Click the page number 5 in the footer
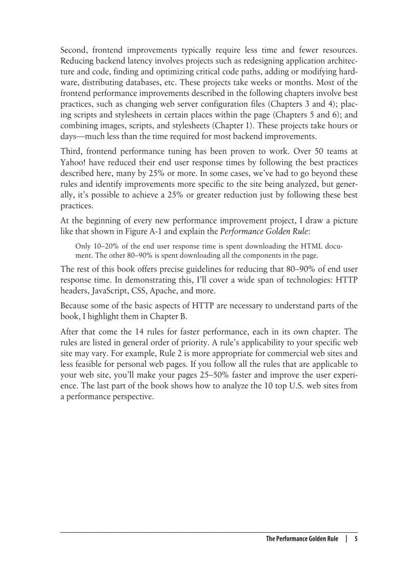(x=356, y=539)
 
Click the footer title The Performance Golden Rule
(x=302, y=539)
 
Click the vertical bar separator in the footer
(x=346, y=539)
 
